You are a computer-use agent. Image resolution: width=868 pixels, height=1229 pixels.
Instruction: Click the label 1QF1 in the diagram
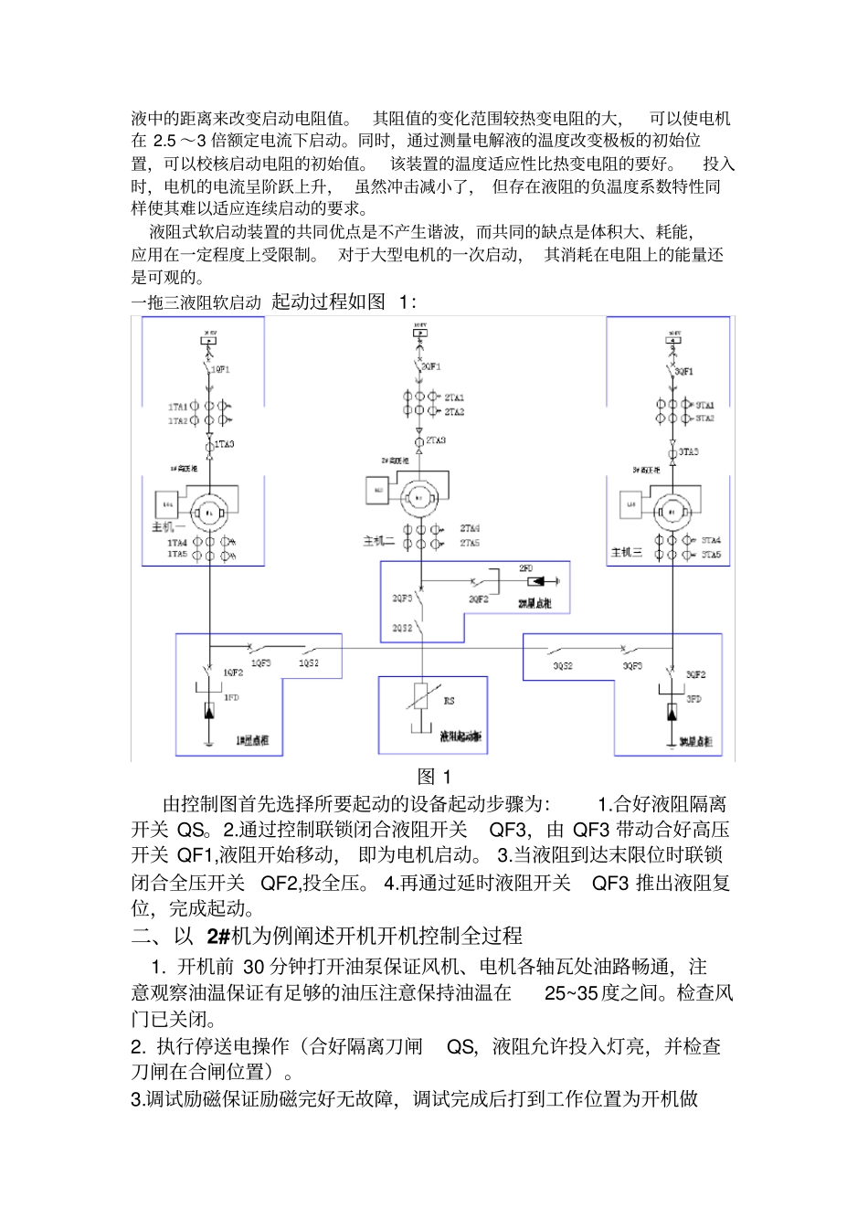coord(220,370)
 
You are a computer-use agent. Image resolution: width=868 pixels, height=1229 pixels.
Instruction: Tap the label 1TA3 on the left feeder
coord(224,444)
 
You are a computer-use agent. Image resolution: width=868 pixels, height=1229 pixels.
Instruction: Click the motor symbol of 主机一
coord(210,513)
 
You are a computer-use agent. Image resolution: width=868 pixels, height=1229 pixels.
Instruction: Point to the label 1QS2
coord(309,662)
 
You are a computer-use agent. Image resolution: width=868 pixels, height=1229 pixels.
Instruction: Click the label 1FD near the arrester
coord(231,697)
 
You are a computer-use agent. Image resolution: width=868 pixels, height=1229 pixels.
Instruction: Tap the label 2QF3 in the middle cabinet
coord(401,598)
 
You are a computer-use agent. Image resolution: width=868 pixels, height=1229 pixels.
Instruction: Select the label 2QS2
coord(402,629)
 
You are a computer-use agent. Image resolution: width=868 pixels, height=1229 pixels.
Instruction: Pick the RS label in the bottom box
coord(449,701)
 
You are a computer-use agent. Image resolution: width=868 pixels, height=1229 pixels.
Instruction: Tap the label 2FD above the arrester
coord(525,568)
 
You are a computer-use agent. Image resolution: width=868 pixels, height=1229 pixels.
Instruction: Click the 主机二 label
coord(379,541)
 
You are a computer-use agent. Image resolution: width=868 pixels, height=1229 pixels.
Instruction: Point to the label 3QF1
coord(684,372)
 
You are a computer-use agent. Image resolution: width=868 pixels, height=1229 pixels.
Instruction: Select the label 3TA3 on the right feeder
coord(688,451)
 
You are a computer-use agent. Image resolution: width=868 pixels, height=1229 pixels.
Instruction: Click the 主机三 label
coord(627,553)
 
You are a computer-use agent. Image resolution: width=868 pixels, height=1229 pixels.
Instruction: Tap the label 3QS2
coord(563,666)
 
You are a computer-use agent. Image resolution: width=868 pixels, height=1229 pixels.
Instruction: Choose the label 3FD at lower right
coord(694,699)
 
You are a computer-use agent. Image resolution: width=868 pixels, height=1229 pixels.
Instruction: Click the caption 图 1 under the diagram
coord(434,777)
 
